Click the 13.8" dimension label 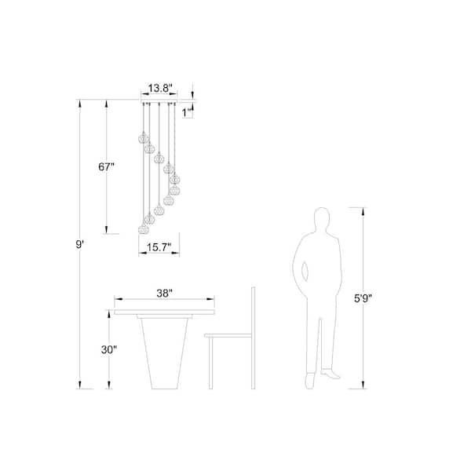tap(160, 88)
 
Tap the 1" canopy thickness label tap(187, 113)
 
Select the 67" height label tap(106, 166)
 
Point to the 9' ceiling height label tap(79, 244)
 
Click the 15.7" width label tap(159, 247)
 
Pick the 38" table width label tap(164, 293)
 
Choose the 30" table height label tap(109, 349)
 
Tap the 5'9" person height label tap(363, 298)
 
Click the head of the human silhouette tap(322, 219)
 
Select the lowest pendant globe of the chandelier tap(144, 229)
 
